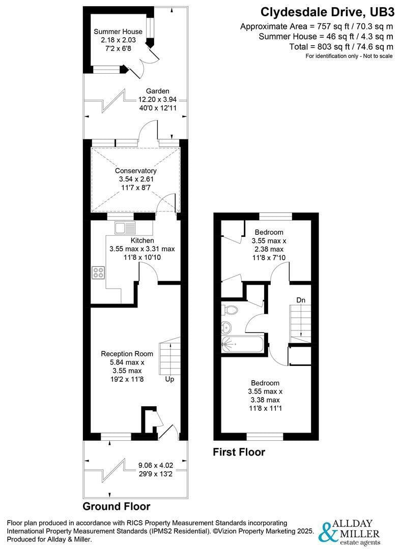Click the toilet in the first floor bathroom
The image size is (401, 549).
point(230,310)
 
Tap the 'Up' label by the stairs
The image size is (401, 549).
point(169,379)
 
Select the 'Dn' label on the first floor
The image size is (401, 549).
point(301,300)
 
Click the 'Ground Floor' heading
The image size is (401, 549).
point(117,506)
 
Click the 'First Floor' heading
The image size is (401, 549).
point(239,451)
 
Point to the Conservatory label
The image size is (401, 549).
point(136,171)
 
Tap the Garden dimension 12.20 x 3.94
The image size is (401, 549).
point(157,100)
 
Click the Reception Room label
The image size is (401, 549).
point(127,354)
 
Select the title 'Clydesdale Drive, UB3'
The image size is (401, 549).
point(327,12)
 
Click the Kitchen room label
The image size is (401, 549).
point(142,240)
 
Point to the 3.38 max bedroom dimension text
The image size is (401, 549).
point(265,400)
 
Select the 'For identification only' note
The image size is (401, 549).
point(349,56)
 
